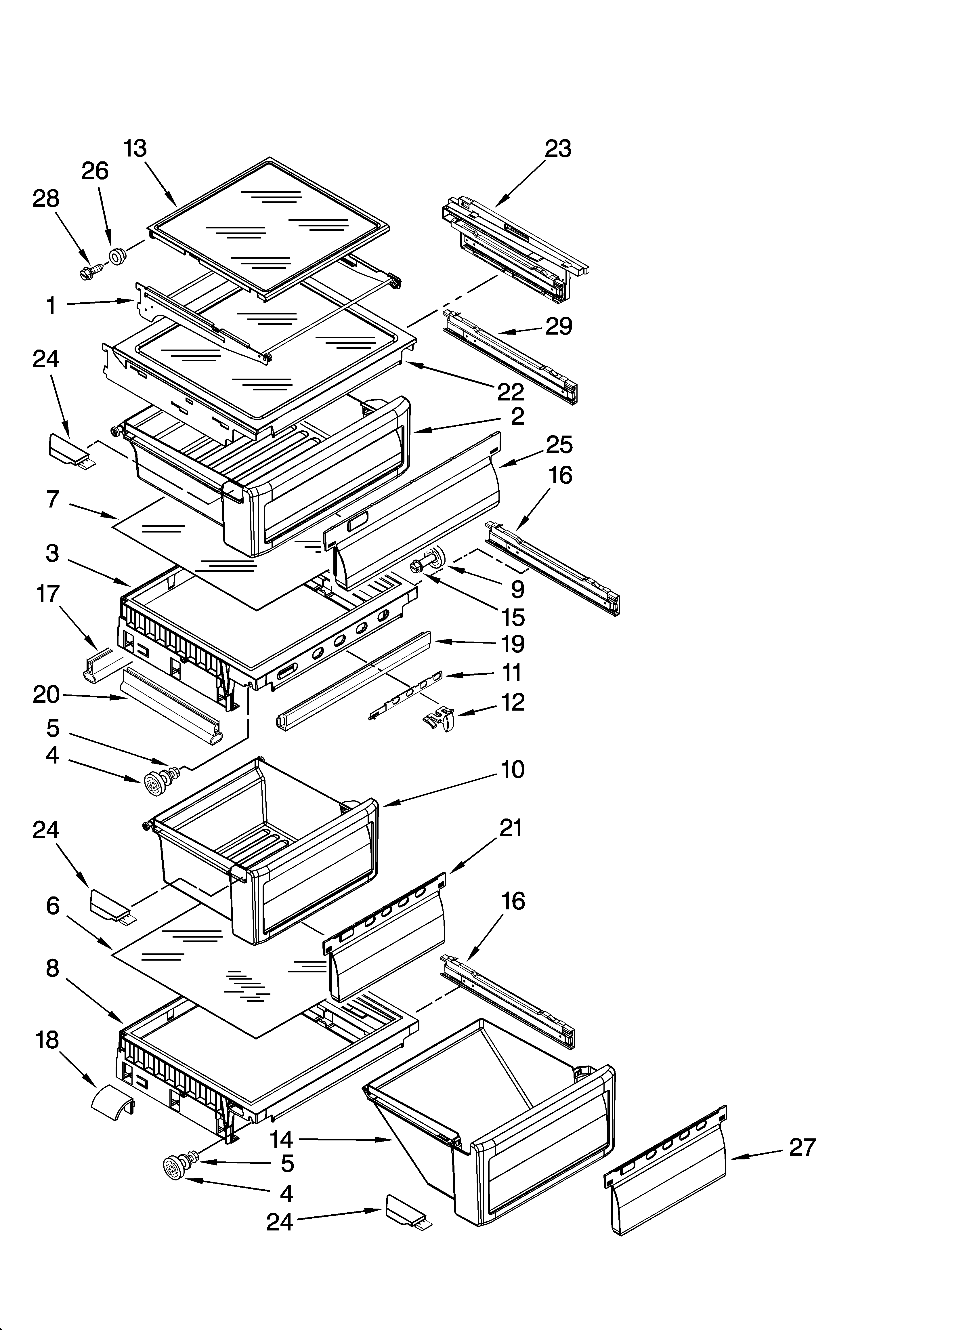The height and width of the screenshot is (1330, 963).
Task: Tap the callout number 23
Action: [x=558, y=149]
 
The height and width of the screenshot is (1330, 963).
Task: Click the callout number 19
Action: [x=513, y=644]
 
